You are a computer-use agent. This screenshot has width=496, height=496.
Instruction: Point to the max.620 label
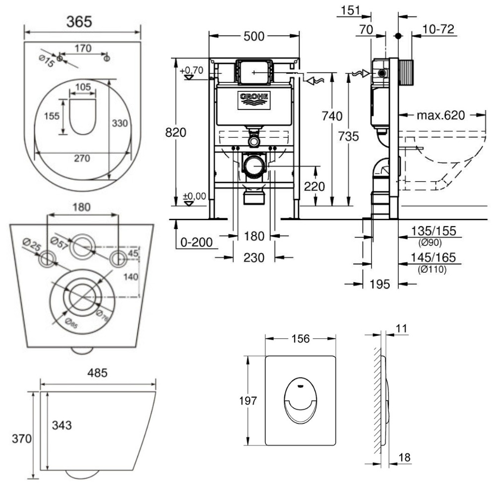point(440,116)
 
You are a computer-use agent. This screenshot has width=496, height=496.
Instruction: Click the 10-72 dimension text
point(438,30)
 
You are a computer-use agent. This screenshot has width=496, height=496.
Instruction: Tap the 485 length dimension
point(97,373)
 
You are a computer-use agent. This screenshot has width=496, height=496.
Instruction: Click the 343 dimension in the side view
point(62,425)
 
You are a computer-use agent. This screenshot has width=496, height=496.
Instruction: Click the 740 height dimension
point(332,117)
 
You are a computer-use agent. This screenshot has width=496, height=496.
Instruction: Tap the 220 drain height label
point(314,187)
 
